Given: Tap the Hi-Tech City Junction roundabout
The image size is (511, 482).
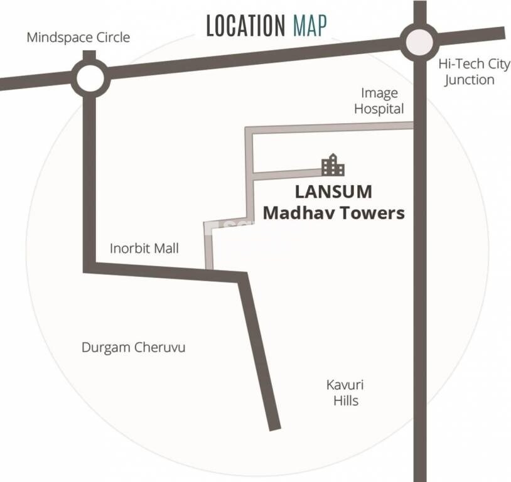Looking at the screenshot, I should click(x=419, y=43).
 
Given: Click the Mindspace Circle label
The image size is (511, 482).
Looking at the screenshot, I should click(x=78, y=37).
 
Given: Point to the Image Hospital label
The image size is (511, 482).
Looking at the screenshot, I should click(x=379, y=101).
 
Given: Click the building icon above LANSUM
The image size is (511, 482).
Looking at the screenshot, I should click(x=333, y=165).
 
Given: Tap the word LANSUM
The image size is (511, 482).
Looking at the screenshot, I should click(x=333, y=191).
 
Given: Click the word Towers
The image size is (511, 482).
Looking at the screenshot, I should click(x=370, y=213).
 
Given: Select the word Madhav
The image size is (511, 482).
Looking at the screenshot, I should click(x=296, y=213).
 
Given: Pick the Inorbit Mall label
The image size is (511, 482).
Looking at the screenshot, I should click(x=144, y=248).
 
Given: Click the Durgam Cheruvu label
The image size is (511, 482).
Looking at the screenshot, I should click(x=134, y=347).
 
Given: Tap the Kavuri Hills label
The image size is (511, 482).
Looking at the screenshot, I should click(x=345, y=392).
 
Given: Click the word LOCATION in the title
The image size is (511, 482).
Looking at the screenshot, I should click(x=245, y=26).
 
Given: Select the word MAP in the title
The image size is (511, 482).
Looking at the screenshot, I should click(x=309, y=26).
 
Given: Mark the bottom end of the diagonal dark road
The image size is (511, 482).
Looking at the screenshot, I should click(x=274, y=427).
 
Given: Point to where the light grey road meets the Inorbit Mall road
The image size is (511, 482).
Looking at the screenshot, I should click(x=210, y=269).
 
